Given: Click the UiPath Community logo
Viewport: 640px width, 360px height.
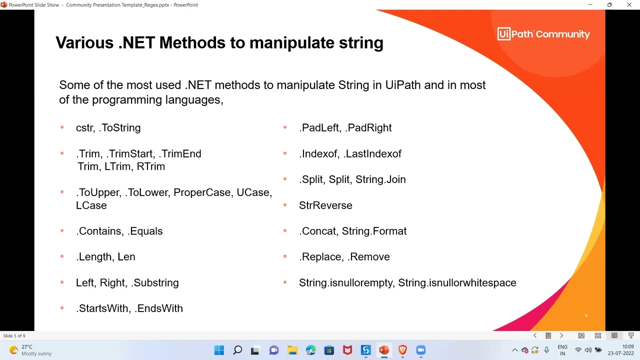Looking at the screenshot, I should click(543, 34).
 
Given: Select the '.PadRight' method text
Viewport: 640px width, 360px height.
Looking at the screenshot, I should click(369, 128).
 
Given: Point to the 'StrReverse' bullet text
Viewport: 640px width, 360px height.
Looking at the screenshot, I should click(325, 205).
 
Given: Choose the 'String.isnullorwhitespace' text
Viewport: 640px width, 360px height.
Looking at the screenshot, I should click(457, 283).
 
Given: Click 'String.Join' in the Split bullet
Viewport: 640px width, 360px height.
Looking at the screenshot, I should click(380, 179).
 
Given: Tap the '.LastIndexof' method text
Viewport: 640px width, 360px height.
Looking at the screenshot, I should click(372, 154).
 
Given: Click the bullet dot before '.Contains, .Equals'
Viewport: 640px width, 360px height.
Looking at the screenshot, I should click(62, 231).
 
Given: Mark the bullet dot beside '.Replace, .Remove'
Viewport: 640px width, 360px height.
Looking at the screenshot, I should click(285, 256).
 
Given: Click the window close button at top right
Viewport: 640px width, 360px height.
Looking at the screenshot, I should click(629, 5).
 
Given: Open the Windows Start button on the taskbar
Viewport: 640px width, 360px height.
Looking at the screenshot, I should click(219, 350).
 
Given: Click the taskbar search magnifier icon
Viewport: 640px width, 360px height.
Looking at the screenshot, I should click(237, 350).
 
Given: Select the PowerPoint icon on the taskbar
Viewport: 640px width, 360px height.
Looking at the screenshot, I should click(384, 350).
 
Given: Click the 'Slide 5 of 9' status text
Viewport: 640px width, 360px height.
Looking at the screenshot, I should click(14, 335).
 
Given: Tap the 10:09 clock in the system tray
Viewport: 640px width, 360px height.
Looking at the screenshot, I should click(628, 346).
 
